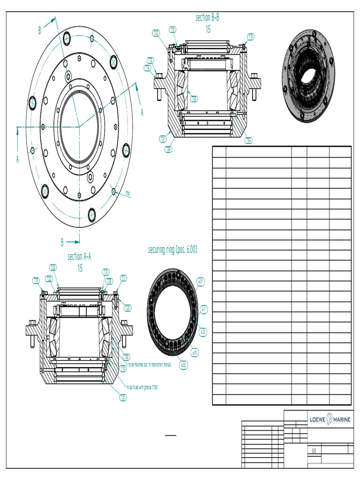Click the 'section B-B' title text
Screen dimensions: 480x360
point(207,18)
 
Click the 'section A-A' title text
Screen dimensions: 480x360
point(79,256)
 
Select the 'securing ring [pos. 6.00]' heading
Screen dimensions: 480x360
point(172,250)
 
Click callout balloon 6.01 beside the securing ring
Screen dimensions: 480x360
point(201,282)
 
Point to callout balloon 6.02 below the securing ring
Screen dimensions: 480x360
point(184,365)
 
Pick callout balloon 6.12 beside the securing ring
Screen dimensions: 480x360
point(203,332)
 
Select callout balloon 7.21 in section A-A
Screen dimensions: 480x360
point(123,397)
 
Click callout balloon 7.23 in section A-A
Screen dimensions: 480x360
point(53,267)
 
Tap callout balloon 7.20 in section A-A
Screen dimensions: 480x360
point(127,308)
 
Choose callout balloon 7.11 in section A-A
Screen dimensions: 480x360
point(123,278)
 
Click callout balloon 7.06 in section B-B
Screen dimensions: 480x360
point(168,149)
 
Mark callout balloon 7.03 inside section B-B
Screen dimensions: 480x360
point(194,98)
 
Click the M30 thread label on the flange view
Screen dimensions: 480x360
point(127,192)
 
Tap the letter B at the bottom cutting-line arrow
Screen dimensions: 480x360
point(62,242)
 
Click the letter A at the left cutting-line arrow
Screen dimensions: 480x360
point(17,160)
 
